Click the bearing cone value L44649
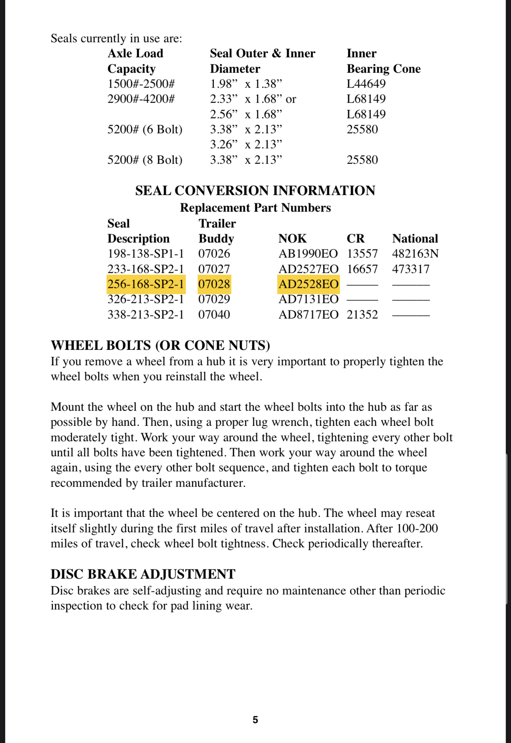[366, 84]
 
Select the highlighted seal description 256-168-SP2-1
[146, 284]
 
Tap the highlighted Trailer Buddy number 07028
[214, 284]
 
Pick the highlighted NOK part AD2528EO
[308, 284]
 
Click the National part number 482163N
[415, 254]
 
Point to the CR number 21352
[362, 315]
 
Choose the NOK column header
[292, 239]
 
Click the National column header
[415, 239]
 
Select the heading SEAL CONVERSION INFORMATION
[255, 191]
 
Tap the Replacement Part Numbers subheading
[255, 208]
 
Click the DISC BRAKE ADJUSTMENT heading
[143, 574]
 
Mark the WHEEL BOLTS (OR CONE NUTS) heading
[160, 346]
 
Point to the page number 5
[255, 720]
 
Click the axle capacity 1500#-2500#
[141, 84]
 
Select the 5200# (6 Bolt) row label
[145, 129]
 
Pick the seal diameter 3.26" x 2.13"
[246, 144]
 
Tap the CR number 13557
[362, 254]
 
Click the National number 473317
[411, 269]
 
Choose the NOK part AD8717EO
[308, 315]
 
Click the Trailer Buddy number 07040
[214, 315]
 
